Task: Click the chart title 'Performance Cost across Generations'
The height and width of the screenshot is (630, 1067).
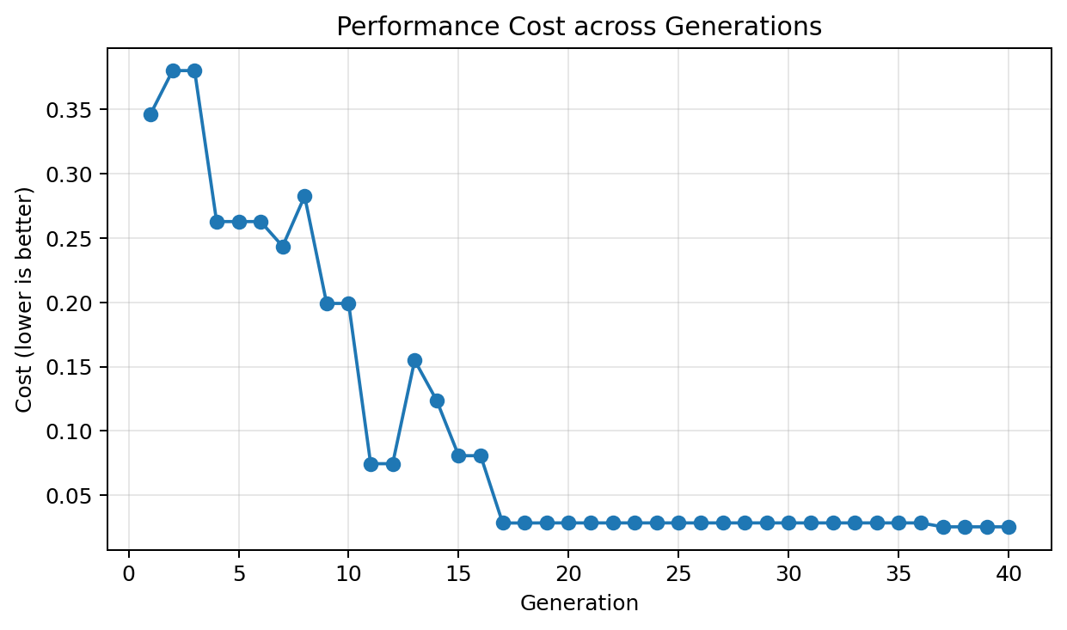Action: [x=579, y=28]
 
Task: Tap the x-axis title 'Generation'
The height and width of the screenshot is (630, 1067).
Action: [x=579, y=603]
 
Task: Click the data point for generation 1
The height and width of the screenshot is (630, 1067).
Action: [x=150, y=114]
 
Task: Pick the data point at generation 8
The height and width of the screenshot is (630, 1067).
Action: [x=304, y=196]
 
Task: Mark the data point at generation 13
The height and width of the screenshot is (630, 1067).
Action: [x=414, y=360]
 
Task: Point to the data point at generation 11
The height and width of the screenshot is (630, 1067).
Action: [x=371, y=464]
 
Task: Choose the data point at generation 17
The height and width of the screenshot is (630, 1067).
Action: [x=503, y=523]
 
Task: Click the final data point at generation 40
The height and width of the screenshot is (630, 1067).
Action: [x=1009, y=527]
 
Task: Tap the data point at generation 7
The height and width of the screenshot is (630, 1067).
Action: [x=283, y=247]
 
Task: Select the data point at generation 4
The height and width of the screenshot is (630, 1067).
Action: [x=217, y=222]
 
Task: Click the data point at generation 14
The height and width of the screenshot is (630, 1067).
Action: [x=437, y=401]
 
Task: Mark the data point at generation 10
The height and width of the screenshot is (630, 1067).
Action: [x=348, y=303]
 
